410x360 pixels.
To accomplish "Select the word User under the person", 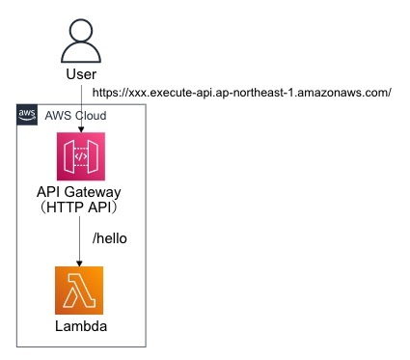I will tap(79, 75).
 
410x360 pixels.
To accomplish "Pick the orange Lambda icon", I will tap(79, 291).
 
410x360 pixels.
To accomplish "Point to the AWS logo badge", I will tap(27, 115).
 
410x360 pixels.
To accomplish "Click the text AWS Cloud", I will tap(75, 115).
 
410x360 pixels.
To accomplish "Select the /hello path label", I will tap(108, 237).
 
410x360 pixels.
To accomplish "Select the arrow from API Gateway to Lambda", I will tap(79, 241).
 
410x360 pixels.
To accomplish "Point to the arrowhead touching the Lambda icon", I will tap(79, 263).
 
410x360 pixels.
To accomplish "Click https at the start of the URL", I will tap(107, 93).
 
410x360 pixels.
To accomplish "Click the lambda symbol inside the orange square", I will tap(79, 291).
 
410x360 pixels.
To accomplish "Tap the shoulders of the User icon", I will tap(79, 54).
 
